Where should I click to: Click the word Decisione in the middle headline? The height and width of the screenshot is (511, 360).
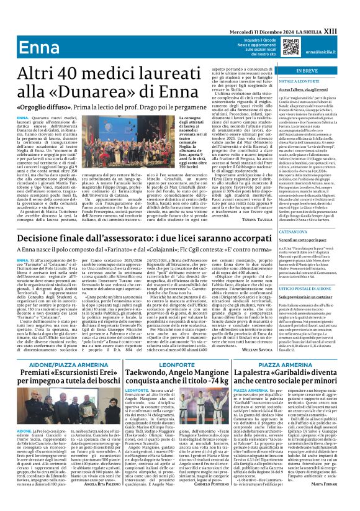coord(38,238)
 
